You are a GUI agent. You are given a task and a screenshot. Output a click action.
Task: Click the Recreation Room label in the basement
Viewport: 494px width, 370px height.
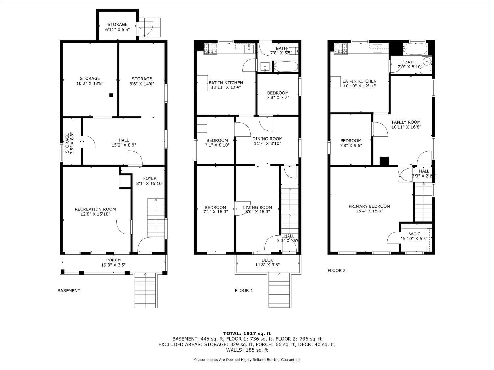pyautogui.click(x=95, y=211)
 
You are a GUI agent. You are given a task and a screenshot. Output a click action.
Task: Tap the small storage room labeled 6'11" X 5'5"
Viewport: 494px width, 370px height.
pyautogui.click(x=117, y=27)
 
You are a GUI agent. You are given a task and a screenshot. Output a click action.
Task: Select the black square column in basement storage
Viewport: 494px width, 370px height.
pyautogui.click(x=111, y=95)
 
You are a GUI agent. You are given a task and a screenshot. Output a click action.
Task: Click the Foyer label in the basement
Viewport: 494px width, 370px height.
pyautogui.click(x=150, y=181)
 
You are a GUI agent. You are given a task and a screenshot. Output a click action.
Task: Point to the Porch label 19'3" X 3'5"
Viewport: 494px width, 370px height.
pyautogui.click(x=113, y=262)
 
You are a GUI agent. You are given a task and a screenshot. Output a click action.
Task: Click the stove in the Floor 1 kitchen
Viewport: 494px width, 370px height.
pyautogui.click(x=210, y=49)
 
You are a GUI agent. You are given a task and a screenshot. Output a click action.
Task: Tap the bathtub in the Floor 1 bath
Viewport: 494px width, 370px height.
pyautogui.click(x=286, y=67)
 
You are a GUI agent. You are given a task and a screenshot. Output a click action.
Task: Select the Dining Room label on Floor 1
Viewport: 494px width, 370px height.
pyautogui.click(x=267, y=141)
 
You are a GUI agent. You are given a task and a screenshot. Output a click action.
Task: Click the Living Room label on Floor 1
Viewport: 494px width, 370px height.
pyautogui.click(x=258, y=210)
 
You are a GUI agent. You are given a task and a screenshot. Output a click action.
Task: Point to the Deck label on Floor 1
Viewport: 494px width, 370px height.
pyautogui.click(x=267, y=262)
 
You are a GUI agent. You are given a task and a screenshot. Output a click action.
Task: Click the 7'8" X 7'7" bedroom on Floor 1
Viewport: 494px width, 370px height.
pyautogui.click(x=278, y=95)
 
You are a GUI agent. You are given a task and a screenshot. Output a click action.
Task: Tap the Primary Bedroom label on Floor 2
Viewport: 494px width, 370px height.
pyautogui.click(x=369, y=209)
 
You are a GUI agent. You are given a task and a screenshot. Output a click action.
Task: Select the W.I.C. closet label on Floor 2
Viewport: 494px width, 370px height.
pyautogui.click(x=415, y=236)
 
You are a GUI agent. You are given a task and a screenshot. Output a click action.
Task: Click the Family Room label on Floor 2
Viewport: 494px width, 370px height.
pyautogui.click(x=406, y=124)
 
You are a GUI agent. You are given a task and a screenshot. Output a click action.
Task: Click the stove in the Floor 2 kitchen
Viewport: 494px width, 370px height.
pyautogui.click(x=341, y=49)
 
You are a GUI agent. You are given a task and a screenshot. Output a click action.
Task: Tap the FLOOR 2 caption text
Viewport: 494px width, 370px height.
pyautogui.click(x=337, y=271)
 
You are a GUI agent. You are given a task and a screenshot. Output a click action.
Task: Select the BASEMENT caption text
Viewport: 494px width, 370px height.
pyautogui.click(x=69, y=291)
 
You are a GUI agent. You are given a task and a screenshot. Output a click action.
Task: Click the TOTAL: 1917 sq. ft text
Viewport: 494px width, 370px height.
pyautogui.click(x=247, y=333)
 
